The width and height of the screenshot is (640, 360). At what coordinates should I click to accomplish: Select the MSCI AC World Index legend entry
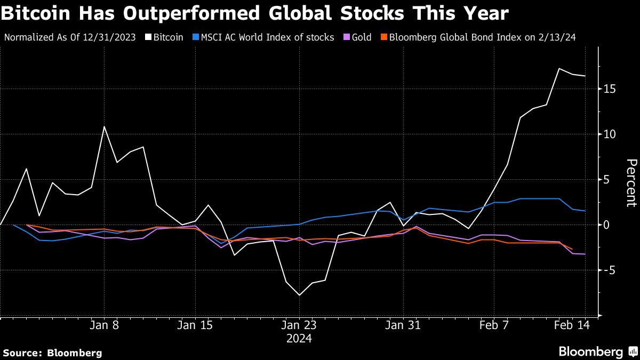coord(263,37)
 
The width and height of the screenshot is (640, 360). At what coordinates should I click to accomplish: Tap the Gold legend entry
coord(362,37)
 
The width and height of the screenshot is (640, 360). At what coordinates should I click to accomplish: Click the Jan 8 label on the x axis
coord(105,325)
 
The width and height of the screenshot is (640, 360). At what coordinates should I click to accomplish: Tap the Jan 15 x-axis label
coord(195,325)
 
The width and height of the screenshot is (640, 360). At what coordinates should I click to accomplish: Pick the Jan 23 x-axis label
coord(299,325)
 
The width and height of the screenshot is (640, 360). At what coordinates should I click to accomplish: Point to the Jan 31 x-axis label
coord(403,325)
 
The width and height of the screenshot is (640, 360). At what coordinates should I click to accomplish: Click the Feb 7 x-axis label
coord(494,325)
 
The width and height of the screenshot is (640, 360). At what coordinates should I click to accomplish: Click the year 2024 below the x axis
coord(299,339)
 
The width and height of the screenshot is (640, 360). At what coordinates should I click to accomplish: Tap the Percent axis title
coord(631,182)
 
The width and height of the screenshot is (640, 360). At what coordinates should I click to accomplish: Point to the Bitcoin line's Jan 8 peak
coord(105,126)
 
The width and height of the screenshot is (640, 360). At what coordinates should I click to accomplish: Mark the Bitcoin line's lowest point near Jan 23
coord(299,295)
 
